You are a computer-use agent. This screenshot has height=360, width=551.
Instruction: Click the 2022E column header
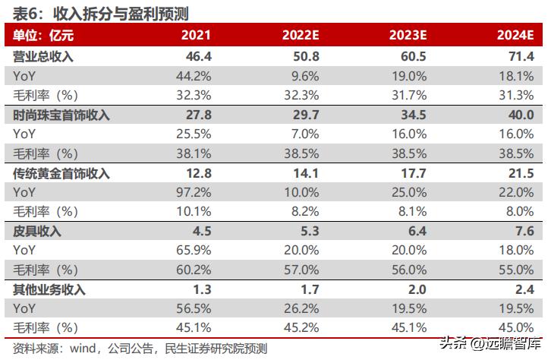pos(301,36)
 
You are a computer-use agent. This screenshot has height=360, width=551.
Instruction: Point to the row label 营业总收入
pos(43,56)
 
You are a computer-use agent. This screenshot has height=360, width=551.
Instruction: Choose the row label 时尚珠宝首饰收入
pos(61,115)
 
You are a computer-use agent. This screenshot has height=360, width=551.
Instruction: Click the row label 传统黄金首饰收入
pos(61,173)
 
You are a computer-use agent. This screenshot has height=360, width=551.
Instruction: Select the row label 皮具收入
pos(37,231)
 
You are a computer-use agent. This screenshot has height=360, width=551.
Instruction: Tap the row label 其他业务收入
pos(49,289)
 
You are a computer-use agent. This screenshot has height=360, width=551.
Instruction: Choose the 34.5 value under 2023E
pos(417,115)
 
